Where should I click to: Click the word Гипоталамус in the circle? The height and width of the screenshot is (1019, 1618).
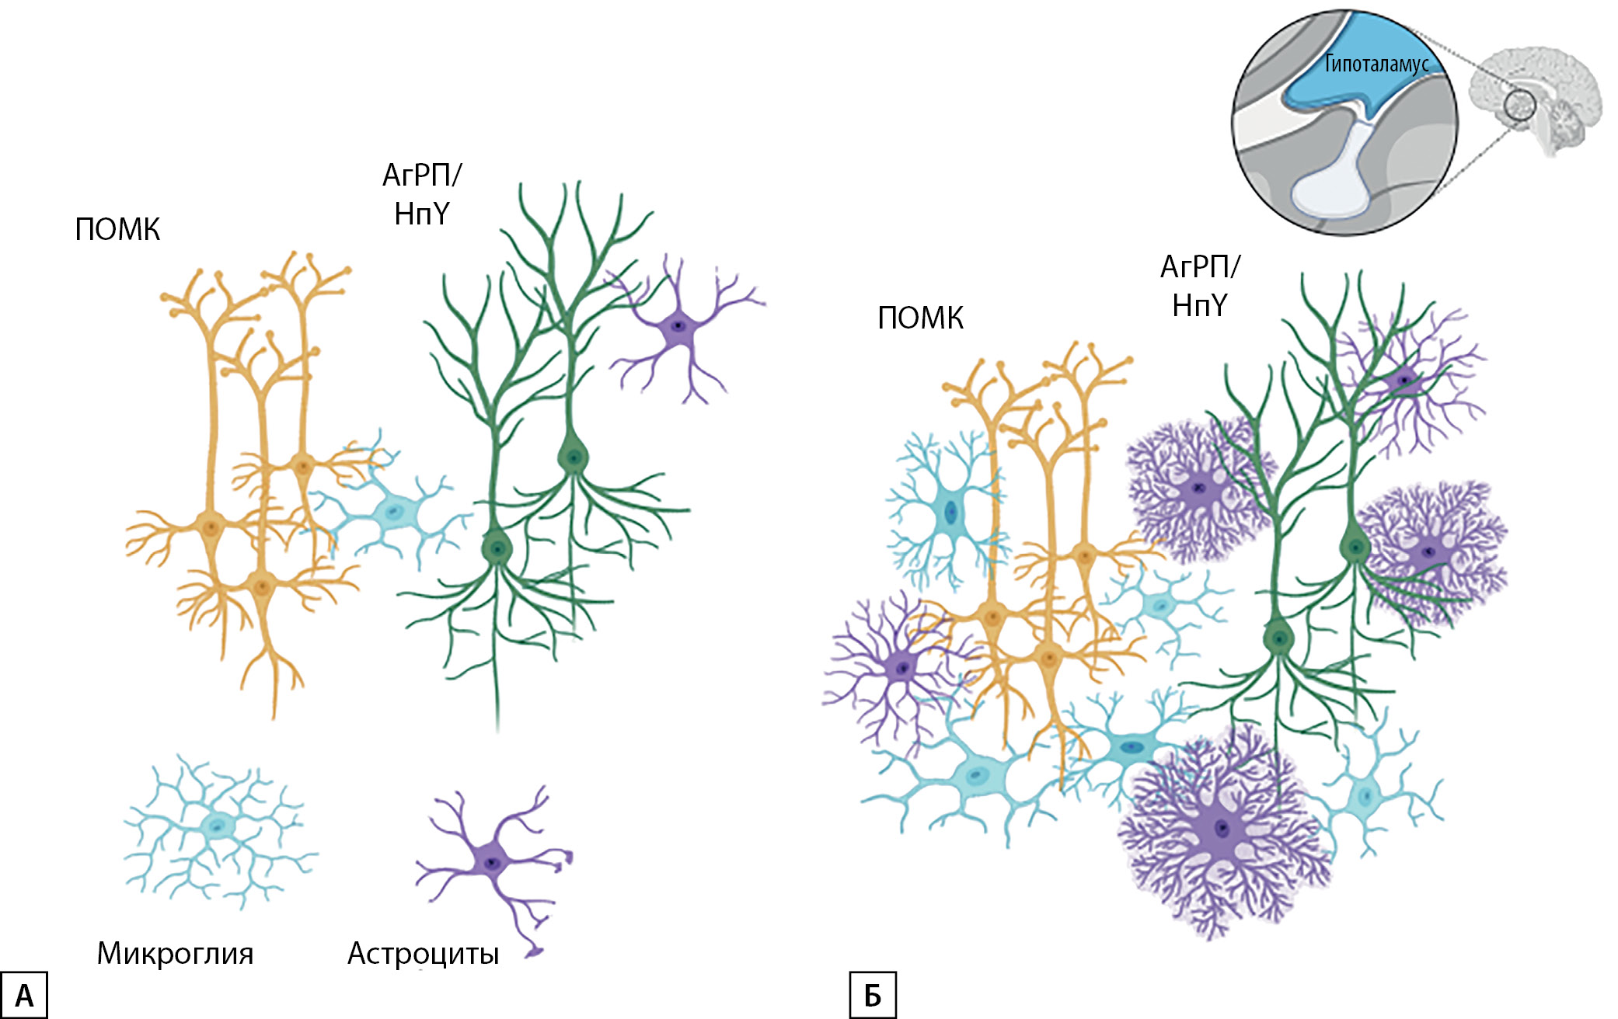[1376, 64]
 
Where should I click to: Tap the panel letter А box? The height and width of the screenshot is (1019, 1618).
[24, 995]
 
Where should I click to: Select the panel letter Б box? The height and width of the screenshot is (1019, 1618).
[873, 995]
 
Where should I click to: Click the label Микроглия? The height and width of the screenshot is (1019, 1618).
[175, 953]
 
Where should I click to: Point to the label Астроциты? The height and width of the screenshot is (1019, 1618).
[423, 953]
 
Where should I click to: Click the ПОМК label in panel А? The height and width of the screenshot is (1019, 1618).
[117, 230]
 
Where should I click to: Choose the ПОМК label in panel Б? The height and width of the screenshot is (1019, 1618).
[920, 318]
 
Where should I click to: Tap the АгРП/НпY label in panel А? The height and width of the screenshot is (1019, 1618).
[421, 194]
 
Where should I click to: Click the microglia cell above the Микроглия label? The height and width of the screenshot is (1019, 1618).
[218, 826]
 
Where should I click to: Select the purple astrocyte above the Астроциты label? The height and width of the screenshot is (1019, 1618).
[491, 862]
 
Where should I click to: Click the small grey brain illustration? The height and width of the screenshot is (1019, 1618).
[1537, 97]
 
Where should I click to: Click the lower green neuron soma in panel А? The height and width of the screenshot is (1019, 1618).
[497, 548]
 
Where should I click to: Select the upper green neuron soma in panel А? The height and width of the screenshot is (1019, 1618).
[573, 457]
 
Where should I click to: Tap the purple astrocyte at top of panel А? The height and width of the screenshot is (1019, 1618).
[678, 326]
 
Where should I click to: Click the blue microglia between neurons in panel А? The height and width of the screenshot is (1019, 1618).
[393, 513]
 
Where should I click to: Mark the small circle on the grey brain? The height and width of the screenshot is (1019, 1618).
[1519, 105]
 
